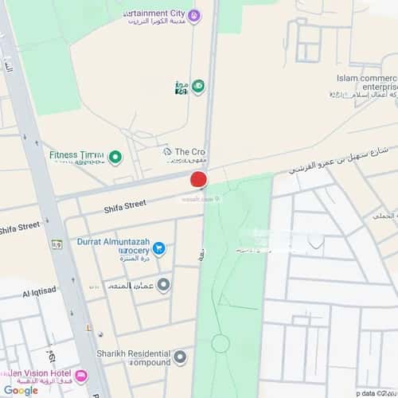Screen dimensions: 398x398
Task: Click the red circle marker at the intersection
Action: click(x=199, y=178)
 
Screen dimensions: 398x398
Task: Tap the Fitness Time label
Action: click(x=76, y=156)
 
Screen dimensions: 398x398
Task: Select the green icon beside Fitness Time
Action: click(x=115, y=157)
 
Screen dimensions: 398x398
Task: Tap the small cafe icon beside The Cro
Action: click(x=167, y=151)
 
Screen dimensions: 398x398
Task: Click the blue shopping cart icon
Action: click(x=158, y=248)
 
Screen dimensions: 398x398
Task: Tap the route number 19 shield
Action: click(x=57, y=244)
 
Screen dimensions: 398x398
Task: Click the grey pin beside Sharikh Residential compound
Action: click(x=181, y=357)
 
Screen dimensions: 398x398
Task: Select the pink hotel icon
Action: click(x=81, y=376)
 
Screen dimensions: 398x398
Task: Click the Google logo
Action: click(x=20, y=390)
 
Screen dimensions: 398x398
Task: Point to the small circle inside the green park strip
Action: click(x=220, y=344)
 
